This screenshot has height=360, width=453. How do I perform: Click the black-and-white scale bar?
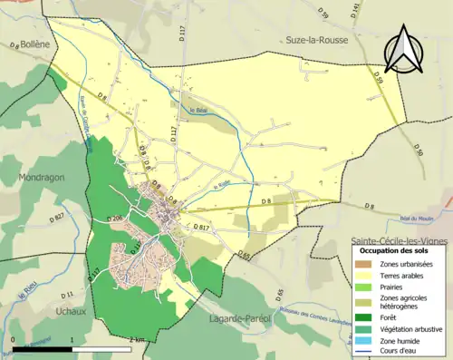[73, 347]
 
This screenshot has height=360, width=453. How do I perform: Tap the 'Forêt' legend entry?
[394, 317]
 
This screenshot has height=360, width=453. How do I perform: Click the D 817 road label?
[202, 227]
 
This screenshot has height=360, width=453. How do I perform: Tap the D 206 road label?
[115, 219]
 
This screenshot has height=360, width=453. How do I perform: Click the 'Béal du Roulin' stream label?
[418, 219]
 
